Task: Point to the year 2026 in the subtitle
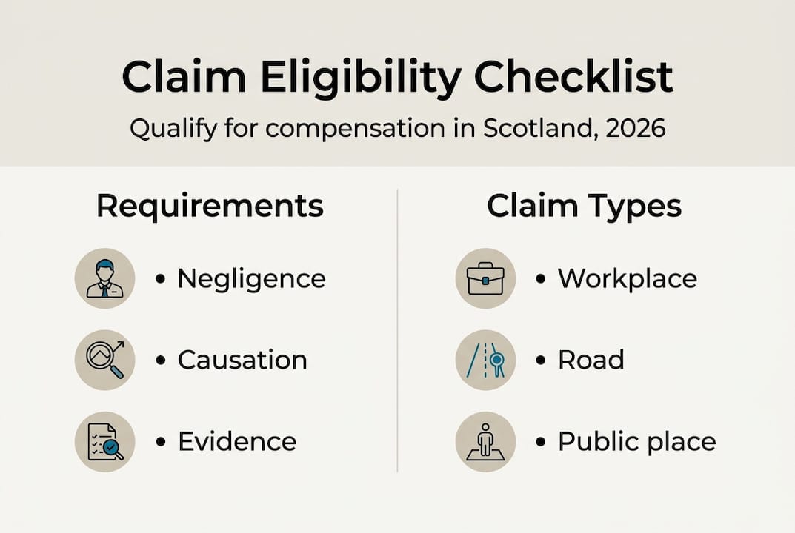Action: coord(635,128)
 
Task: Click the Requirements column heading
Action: coord(210,207)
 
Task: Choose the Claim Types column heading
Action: coord(584,207)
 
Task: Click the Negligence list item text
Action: coord(251,279)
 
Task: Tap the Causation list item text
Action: coord(242,361)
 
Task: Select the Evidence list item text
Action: coord(236,442)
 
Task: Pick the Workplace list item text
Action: coord(627,279)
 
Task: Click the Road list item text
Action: coord(591,361)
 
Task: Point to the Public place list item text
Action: coord(636,442)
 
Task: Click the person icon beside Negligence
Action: coord(105,279)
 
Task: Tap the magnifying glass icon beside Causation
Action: coord(105,361)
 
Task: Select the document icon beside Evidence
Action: coord(105,442)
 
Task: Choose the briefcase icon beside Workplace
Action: coord(485,279)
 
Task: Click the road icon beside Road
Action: coord(485,361)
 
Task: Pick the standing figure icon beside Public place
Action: coord(485,442)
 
